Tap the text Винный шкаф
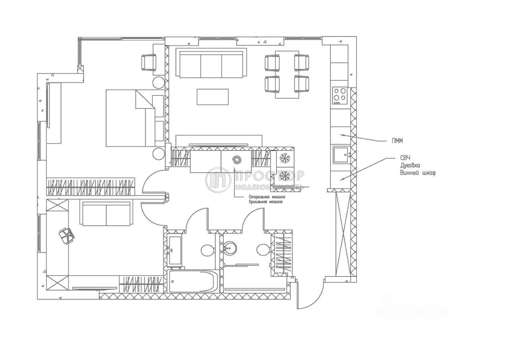418,173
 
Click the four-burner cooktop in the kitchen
340,95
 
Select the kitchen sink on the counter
341,155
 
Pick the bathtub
192,281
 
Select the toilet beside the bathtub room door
207,250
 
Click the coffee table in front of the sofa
213,97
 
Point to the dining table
287,74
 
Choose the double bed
130,118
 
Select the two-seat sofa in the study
106,214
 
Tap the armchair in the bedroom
149,62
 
